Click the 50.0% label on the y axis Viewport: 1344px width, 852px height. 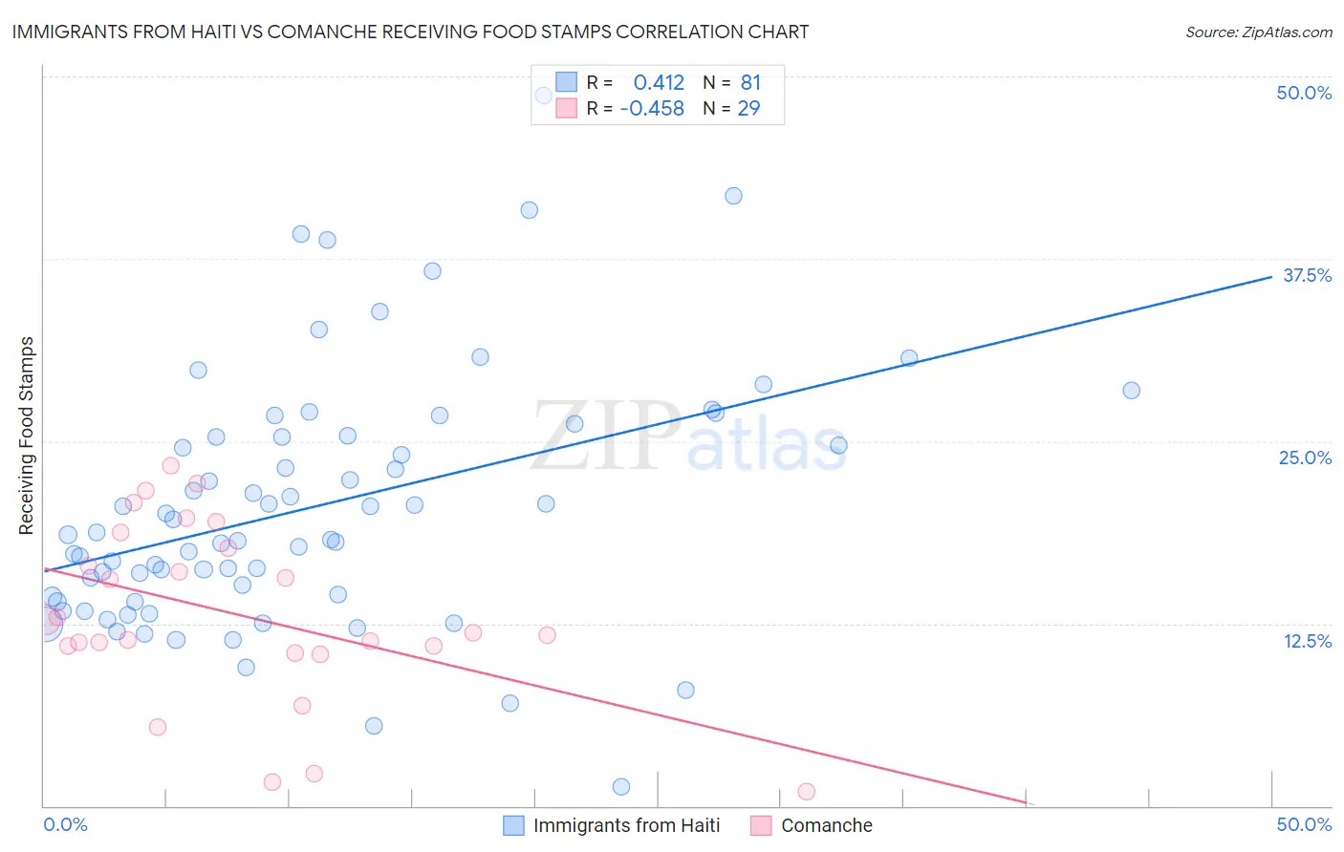tap(1304, 93)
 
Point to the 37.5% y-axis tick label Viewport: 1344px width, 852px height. tap(1307, 275)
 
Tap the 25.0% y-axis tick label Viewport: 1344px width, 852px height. tap(1305, 458)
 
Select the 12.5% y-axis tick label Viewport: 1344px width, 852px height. tap(1307, 641)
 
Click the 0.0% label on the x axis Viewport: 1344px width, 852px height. tap(65, 824)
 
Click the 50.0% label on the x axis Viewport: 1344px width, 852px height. tap(1304, 824)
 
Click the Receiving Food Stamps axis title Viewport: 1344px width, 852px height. tap(27, 436)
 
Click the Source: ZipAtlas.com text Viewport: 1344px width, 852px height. tap(1258, 32)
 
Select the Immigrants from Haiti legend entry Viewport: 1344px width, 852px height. tap(626, 825)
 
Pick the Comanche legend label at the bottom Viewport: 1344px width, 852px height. tap(826, 825)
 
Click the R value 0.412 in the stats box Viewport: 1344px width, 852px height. tap(659, 83)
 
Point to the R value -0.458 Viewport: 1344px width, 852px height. tap(652, 109)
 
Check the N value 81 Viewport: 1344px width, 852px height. tap(750, 83)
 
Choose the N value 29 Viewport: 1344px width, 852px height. tap(748, 109)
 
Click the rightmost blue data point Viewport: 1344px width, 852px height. tap(1131, 390)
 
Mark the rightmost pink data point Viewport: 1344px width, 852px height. tap(806, 791)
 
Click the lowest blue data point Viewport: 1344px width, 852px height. tap(620, 787)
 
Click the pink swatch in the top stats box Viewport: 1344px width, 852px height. tap(567, 108)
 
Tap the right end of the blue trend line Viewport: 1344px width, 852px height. tap(1270, 276)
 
